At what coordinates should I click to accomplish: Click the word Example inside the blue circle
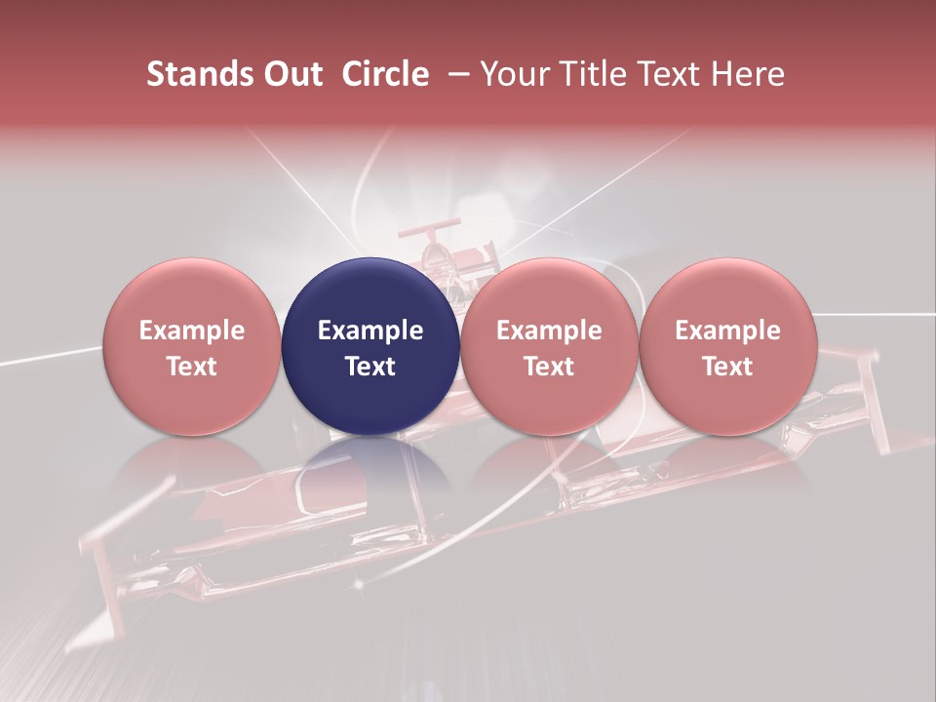coord(370,331)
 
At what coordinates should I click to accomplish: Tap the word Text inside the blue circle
coord(370,367)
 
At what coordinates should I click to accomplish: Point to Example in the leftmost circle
coord(191,331)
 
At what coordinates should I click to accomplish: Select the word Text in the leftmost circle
coord(191,367)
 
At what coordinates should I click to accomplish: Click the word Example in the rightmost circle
coord(727,331)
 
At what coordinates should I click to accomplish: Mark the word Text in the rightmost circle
coord(727,367)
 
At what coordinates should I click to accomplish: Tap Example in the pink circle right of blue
coord(549,331)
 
